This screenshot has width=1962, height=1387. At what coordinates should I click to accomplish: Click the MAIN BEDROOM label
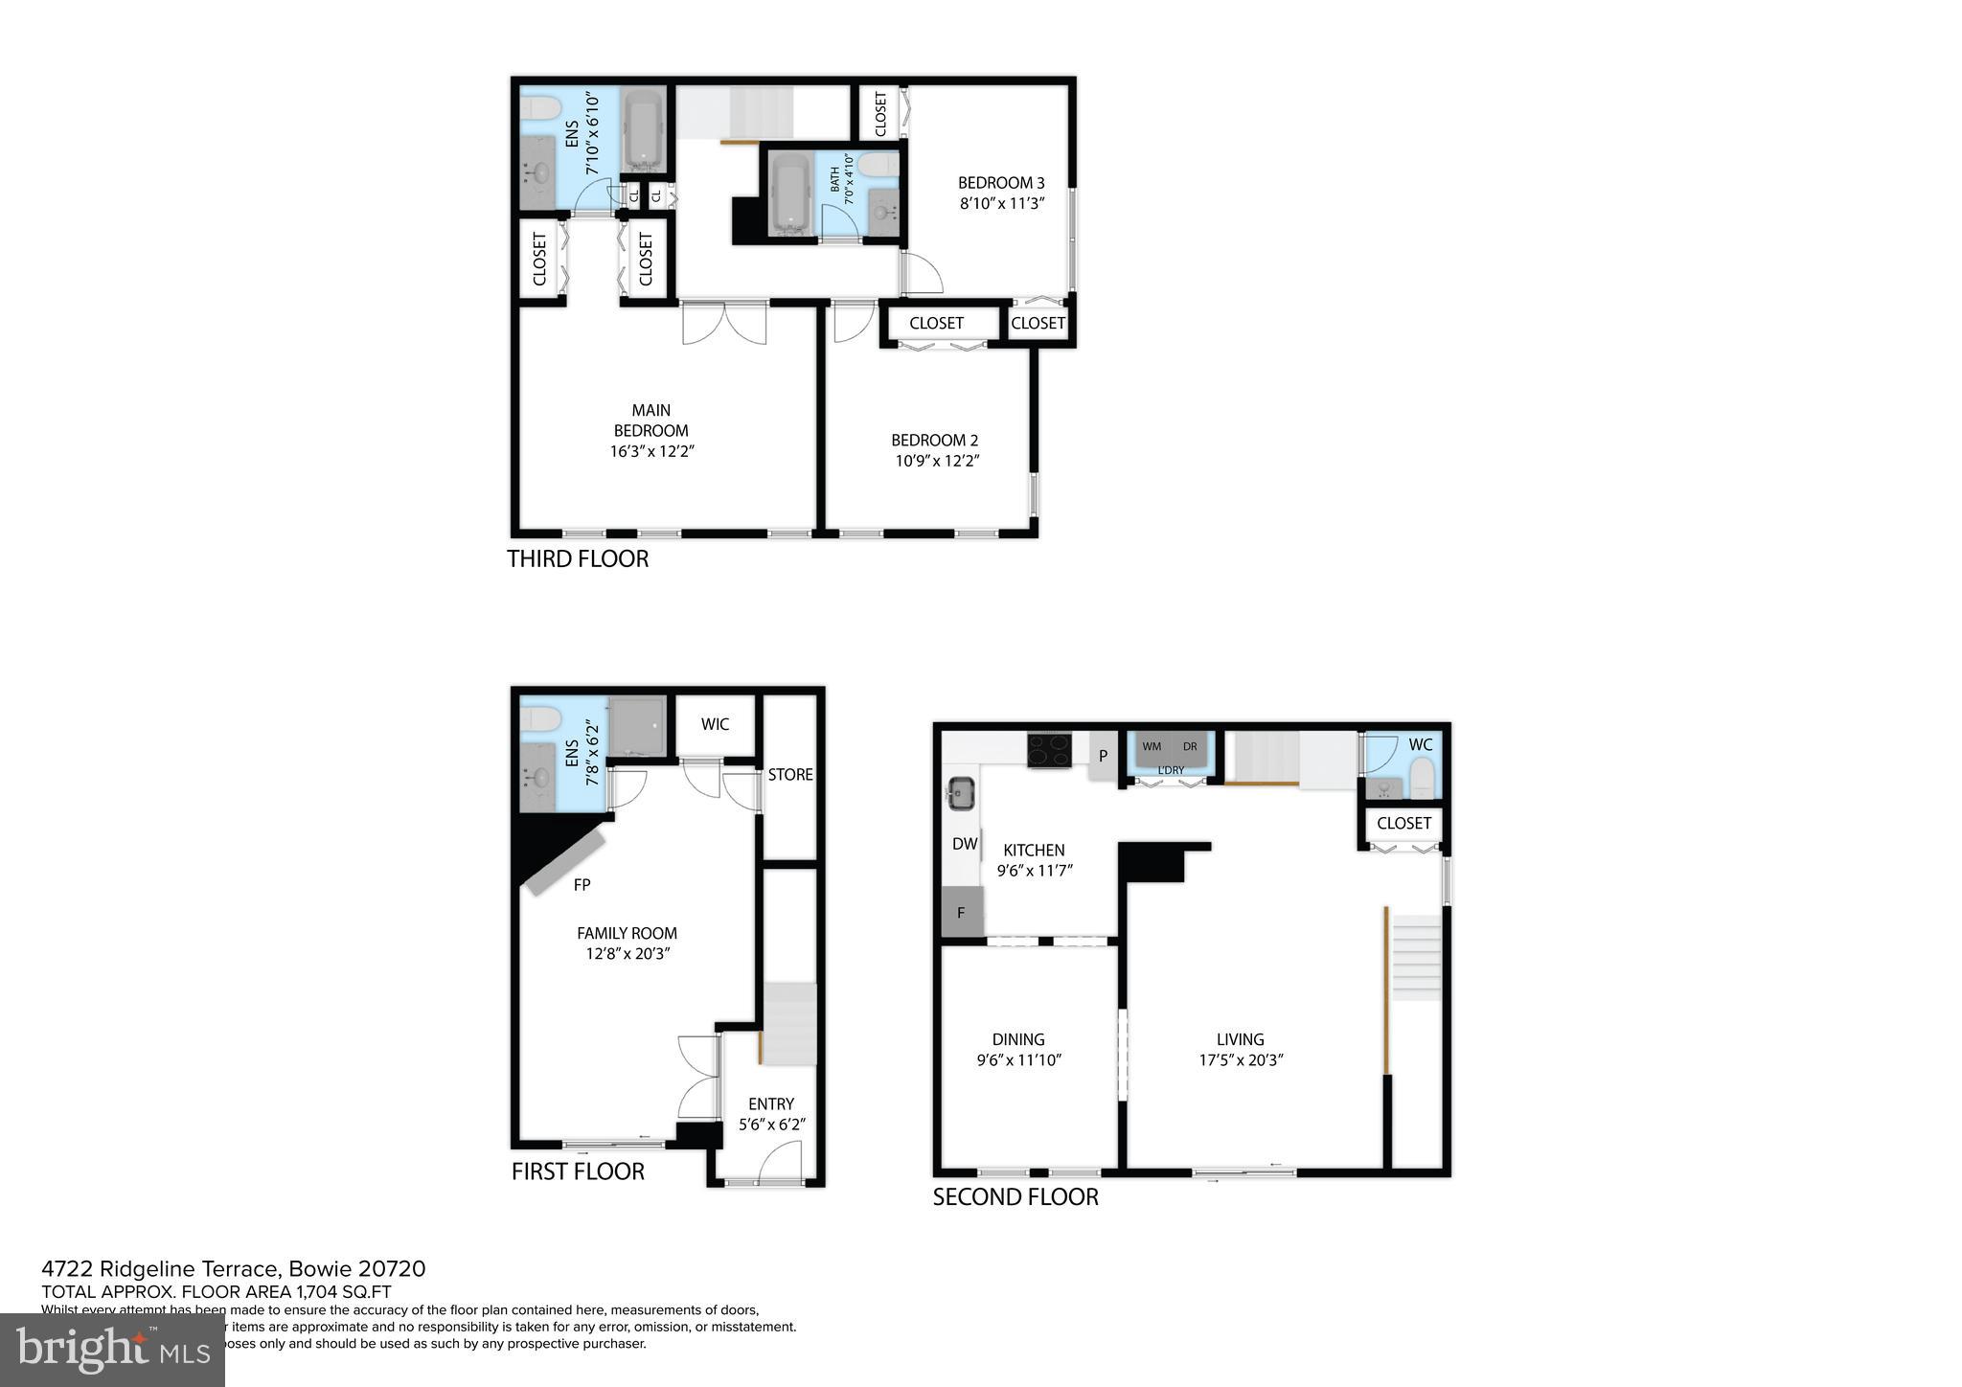650,421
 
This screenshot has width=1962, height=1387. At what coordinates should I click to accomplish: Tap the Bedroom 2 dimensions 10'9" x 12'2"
936,461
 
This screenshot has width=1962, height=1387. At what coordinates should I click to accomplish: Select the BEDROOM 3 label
1001,183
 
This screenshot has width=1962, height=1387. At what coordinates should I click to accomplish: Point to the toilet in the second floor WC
1423,777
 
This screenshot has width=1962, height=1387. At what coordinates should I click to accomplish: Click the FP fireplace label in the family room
582,885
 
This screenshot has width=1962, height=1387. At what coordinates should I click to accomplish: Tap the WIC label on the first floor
715,724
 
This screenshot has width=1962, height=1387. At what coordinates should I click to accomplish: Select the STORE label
790,774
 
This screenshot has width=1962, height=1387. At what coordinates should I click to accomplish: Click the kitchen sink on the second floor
960,792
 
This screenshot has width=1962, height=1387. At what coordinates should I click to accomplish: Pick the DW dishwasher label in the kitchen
964,844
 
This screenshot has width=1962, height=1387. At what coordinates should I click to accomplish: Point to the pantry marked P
1103,756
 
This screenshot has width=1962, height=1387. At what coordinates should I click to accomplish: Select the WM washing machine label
1151,746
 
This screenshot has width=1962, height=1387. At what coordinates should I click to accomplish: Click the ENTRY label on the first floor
771,1103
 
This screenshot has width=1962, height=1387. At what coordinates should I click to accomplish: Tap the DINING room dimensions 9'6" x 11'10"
1019,1060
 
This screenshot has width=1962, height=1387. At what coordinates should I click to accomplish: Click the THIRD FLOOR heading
578,558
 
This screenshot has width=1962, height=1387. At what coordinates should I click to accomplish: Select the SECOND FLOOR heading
1015,1196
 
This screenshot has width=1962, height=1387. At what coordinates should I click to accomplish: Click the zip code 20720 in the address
392,1269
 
